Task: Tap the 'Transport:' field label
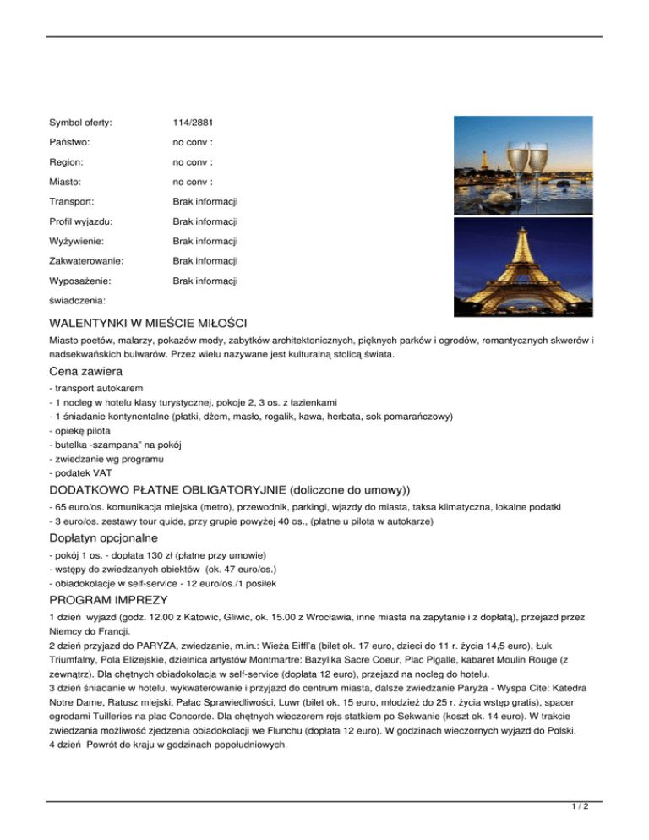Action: (72, 202)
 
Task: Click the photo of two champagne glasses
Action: (505, 162)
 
